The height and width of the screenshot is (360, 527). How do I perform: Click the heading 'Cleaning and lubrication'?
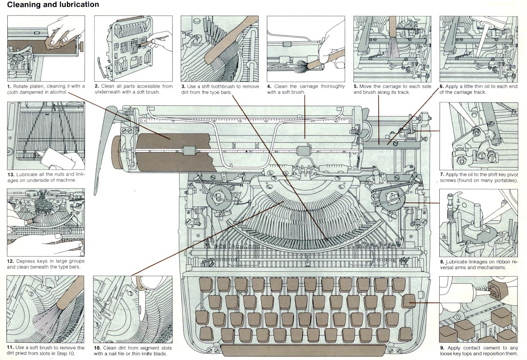pyautogui.click(x=53, y=5)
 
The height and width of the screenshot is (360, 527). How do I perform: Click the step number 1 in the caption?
pyautogui.click(x=9, y=86)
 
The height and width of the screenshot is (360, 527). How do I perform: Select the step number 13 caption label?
pyautogui.click(x=11, y=174)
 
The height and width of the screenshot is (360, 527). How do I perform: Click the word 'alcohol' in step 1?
pyautogui.click(x=57, y=92)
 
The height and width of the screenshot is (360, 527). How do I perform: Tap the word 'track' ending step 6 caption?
pyautogui.click(x=479, y=92)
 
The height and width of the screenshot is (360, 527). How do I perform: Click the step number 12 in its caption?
pyautogui.click(x=11, y=261)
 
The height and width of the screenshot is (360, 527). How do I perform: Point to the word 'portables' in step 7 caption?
pyautogui.click(x=505, y=180)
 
